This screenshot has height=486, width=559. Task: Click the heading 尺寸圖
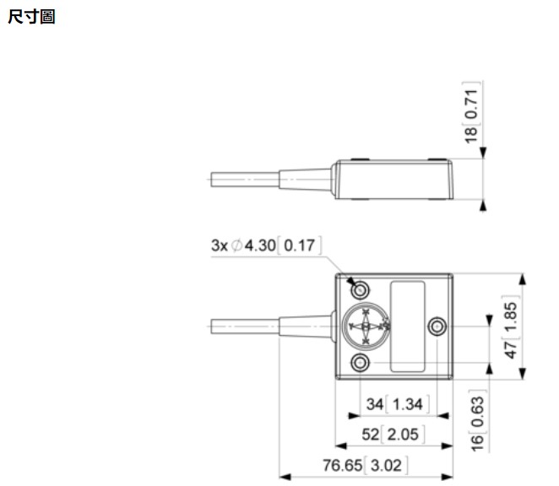point(32,16)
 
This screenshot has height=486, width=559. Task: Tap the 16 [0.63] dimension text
point(477,421)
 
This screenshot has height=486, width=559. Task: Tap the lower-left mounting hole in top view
point(361,364)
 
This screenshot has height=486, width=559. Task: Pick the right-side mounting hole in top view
point(437,327)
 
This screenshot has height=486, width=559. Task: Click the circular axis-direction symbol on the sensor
point(365,327)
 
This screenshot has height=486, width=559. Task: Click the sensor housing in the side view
point(393,179)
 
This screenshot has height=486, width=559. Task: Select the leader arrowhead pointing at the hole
point(350,278)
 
